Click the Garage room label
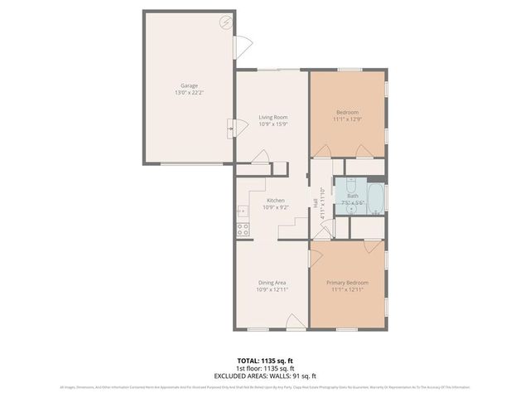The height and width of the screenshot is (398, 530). click(189, 85)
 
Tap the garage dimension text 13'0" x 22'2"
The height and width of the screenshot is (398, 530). click(189, 93)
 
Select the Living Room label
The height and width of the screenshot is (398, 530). click(272, 118)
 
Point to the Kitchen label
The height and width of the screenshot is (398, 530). click(275, 200)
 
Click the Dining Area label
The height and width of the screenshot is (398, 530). click(272, 283)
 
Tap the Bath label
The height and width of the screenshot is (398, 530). click(353, 196)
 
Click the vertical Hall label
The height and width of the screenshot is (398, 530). click(316, 201)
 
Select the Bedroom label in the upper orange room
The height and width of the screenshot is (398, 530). click(347, 111)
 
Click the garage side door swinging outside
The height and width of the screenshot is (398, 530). click(242, 47)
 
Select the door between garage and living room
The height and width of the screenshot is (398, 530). click(231, 129)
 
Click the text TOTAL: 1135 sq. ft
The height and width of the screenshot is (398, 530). click(264, 361)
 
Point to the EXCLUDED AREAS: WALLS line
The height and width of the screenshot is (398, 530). click(264, 375)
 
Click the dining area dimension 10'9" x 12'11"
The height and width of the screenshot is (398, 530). click(272, 290)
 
